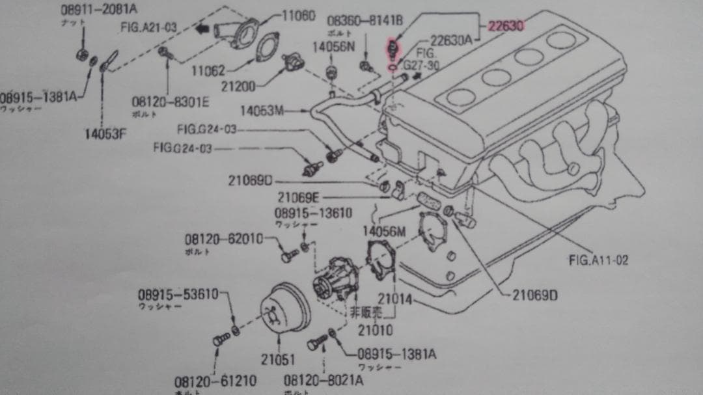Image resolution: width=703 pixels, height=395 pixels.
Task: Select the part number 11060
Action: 299,15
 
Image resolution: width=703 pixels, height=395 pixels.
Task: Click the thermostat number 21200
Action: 238,85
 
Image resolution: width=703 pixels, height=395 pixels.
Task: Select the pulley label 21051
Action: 278,359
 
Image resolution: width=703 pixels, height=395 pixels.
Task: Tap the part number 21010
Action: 375,330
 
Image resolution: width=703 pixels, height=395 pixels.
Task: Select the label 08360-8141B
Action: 365,21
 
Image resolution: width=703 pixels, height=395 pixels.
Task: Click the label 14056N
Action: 333,47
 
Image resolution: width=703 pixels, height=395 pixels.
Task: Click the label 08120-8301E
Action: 170,102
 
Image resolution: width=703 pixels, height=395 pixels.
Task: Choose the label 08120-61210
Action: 215,381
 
